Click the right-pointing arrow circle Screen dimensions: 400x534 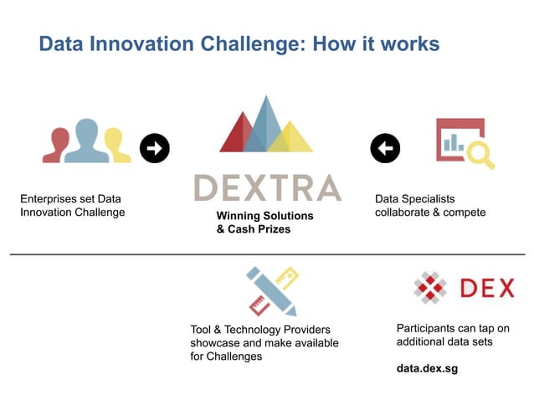tap(154, 148)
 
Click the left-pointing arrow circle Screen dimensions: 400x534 tap(385, 149)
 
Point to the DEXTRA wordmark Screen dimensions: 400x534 tap(267, 187)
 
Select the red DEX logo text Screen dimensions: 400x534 tap(487, 289)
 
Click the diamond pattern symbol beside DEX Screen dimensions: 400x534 tap(431, 289)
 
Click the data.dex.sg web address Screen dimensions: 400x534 tap(427, 368)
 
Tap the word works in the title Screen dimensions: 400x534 tap(410, 44)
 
